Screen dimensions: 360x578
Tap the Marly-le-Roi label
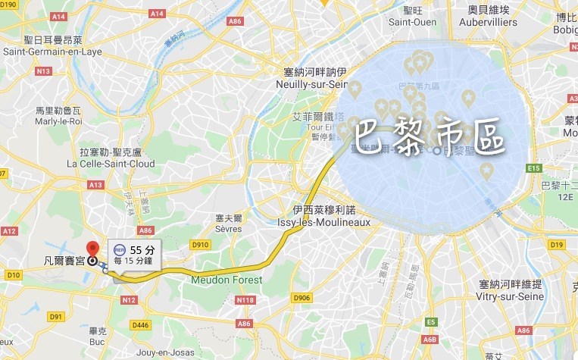click(x=58, y=120)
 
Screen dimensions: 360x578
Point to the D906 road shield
click(x=302, y=298)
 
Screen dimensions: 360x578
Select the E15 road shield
click(x=535, y=167)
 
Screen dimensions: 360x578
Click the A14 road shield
click(x=136, y=13)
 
